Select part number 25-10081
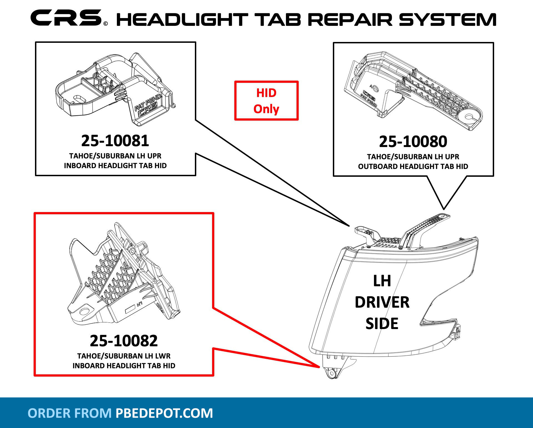(115, 141)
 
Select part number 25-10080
(413, 141)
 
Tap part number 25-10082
(124, 340)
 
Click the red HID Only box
(266, 101)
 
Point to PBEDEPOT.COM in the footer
(164, 413)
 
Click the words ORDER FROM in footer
(69, 413)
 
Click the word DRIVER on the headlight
(382, 302)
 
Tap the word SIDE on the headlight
(382, 324)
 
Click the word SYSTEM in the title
(447, 20)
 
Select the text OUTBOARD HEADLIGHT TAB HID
(413, 166)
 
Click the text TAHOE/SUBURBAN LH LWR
(124, 356)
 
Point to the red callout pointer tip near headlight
(320, 367)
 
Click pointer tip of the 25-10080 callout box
(444, 209)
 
